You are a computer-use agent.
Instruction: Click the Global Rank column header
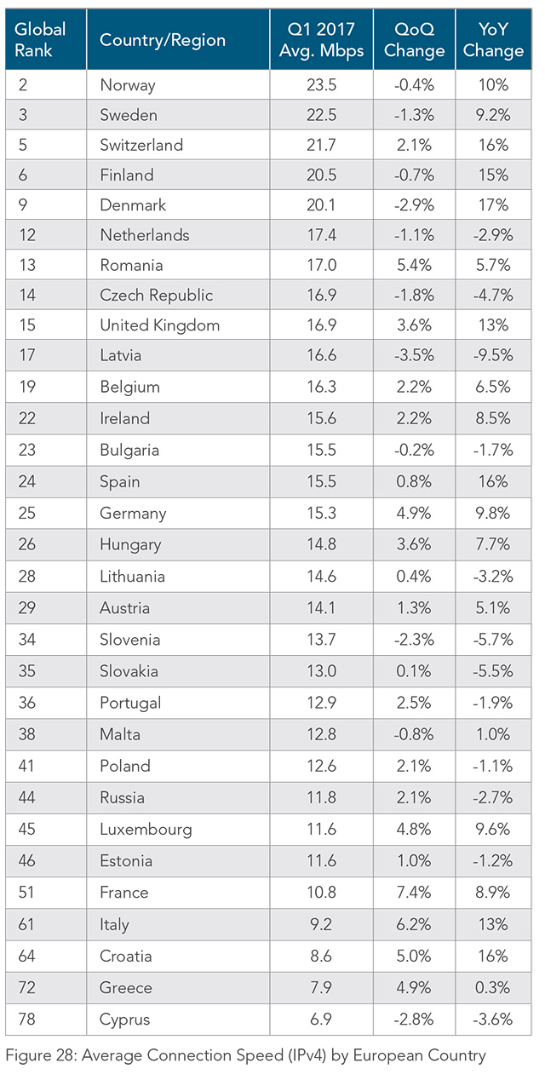tap(40, 40)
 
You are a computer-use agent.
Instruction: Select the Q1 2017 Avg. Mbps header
tap(321, 40)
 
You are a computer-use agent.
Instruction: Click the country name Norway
tap(128, 84)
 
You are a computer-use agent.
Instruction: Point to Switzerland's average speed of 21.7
tap(321, 145)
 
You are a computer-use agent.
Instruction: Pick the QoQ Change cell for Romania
tap(415, 265)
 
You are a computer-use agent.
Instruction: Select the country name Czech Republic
tap(156, 296)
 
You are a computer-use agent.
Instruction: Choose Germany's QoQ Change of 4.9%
tap(415, 514)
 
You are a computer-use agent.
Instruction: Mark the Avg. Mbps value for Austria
tap(321, 608)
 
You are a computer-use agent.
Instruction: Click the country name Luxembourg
tap(146, 830)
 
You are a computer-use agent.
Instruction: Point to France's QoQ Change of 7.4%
tap(415, 893)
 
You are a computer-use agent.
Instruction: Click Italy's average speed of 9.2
tap(321, 924)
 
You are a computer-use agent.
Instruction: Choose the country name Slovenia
tap(130, 640)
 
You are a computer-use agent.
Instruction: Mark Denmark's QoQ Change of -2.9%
tap(415, 205)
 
